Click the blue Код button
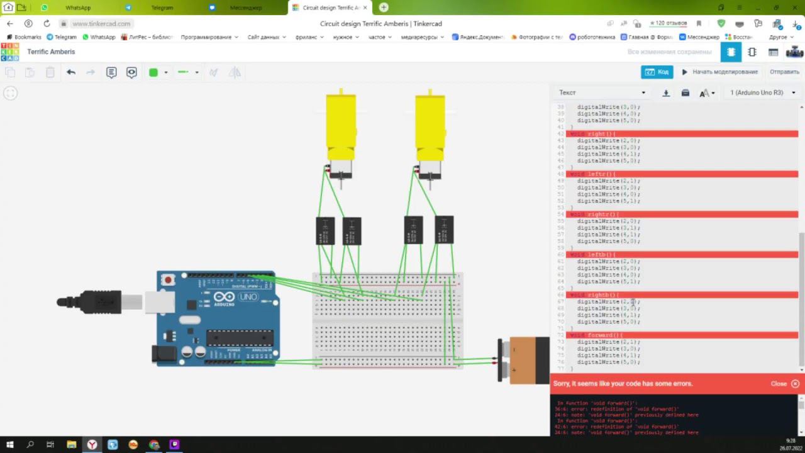657,72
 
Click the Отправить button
784,72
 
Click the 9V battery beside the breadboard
525,361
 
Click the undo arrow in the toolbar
71,72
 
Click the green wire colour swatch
153,72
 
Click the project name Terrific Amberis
51,52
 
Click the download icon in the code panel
666,93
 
